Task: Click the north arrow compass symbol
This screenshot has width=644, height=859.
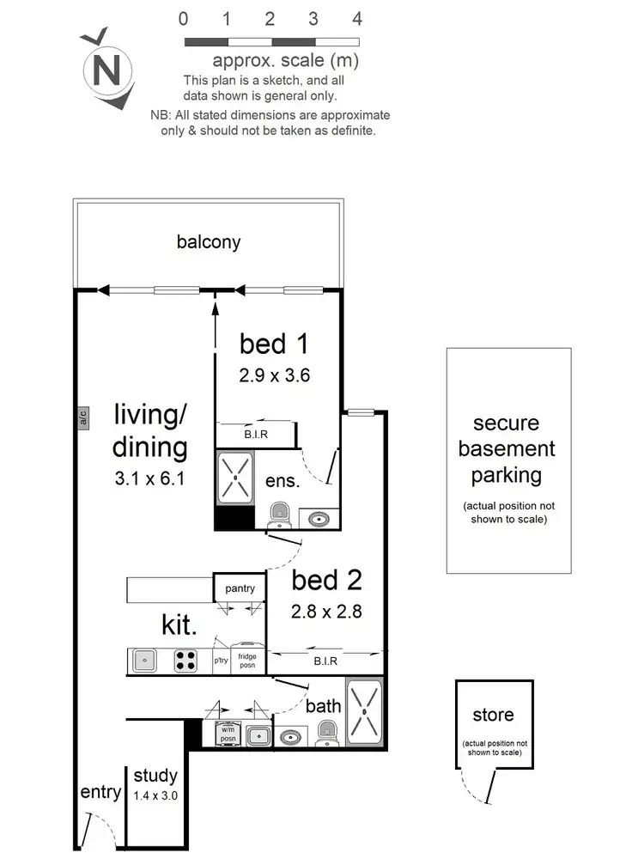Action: click(x=106, y=69)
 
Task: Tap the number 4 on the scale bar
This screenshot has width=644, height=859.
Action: click(x=357, y=19)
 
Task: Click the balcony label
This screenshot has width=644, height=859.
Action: click(x=209, y=242)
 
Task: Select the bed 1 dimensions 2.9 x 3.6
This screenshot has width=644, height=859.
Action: click(x=274, y=375)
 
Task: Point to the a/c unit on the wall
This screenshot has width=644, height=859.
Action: click(x=83, y=418)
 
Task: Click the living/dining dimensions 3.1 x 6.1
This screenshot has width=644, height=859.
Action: click(x=150, y=478)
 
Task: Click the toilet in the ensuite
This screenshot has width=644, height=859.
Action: click(x=280, y=515)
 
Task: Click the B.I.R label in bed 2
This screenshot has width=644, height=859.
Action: click(x=325, y=661)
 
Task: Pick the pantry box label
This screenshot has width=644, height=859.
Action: click(x=240, y=588)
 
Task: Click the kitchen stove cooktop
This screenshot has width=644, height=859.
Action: click(x=186, y=661)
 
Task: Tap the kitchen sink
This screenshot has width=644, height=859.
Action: click(x=145, y=661)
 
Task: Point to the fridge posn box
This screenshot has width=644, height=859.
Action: click(x=247, y=661)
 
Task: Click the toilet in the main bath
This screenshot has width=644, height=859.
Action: click(x=326, y=734)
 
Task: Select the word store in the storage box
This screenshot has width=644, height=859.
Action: click(x=493, y=715)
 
